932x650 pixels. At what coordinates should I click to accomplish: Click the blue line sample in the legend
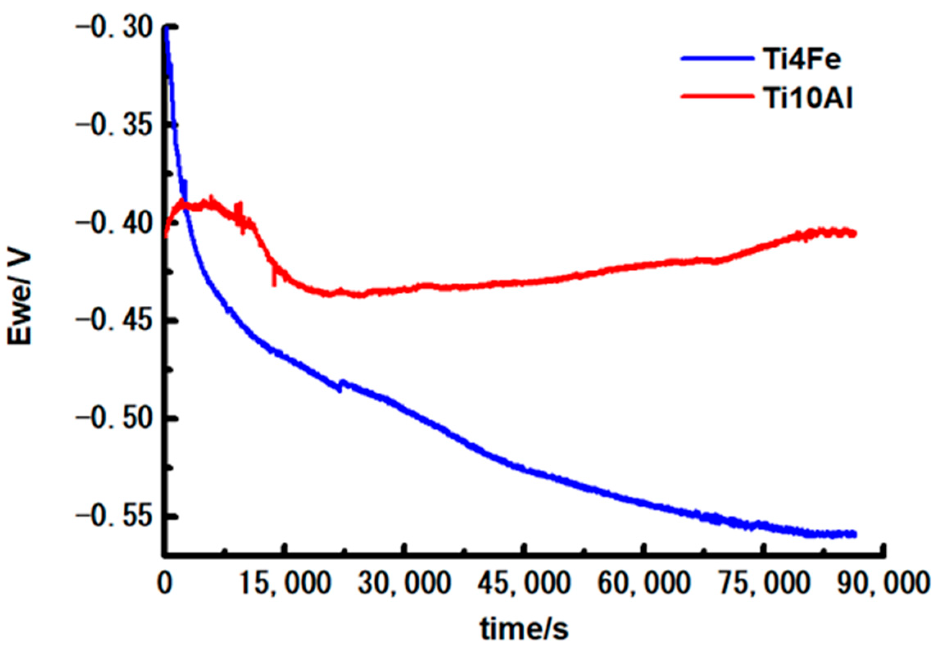[717, 59]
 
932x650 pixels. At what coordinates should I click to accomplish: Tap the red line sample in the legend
[717, 96]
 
